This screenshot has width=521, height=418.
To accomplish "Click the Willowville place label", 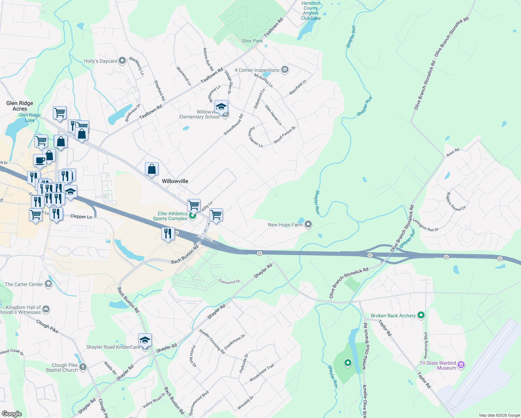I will tap(175, 181).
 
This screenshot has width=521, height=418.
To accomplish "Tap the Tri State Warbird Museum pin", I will tap(461, 365).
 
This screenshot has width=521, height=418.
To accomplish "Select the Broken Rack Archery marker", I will tap(421, 316).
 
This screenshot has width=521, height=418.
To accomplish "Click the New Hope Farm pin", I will tap(308, 225).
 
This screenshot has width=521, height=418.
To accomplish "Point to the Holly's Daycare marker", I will tap(122, 61).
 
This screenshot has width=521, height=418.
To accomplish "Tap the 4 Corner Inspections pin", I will tap(285, 70).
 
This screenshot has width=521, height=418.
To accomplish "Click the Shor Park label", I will tap(252, 41).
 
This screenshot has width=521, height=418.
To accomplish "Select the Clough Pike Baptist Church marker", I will tap(83, 367).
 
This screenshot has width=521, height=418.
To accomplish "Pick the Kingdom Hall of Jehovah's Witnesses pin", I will tap(46, 309).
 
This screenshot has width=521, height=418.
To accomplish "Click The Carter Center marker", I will tap(48, 284).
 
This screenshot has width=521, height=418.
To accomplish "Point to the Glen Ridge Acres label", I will tap(20, 106).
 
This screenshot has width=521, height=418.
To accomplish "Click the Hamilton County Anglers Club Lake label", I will tap(311, 11).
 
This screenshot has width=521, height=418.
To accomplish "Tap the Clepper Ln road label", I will tap(81, 216).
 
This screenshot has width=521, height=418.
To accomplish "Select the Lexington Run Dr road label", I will tap(426, 225).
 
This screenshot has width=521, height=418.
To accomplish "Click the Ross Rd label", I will tap(453, 152).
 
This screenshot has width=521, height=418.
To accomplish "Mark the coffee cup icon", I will tap(40, 161).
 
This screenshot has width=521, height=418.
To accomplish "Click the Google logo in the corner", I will tap(11, 413).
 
